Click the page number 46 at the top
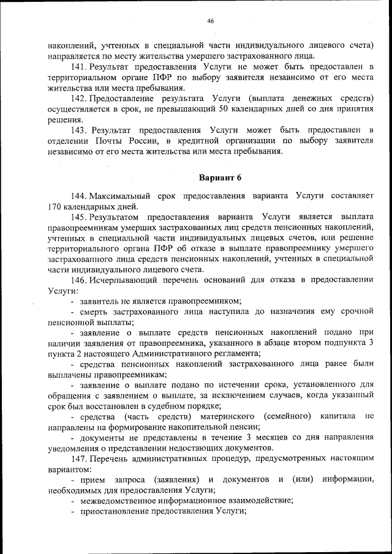pyautogui.click(x=210, y=21)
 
